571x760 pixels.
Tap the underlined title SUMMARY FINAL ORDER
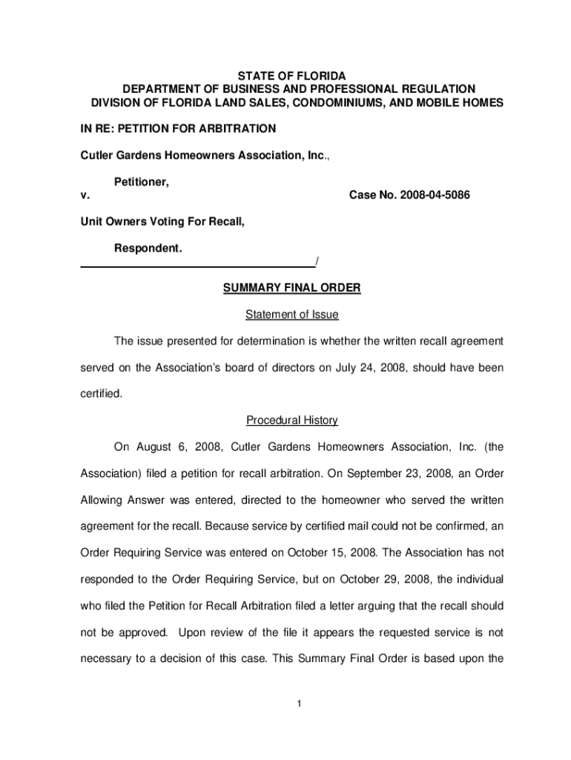point(291,289)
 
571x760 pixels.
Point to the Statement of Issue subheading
point(291,315)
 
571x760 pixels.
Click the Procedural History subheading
point(291,421)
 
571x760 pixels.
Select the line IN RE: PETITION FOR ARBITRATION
point(178,129)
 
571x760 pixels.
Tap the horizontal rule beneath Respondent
point(197,265)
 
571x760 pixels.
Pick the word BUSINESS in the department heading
point(226,89)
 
